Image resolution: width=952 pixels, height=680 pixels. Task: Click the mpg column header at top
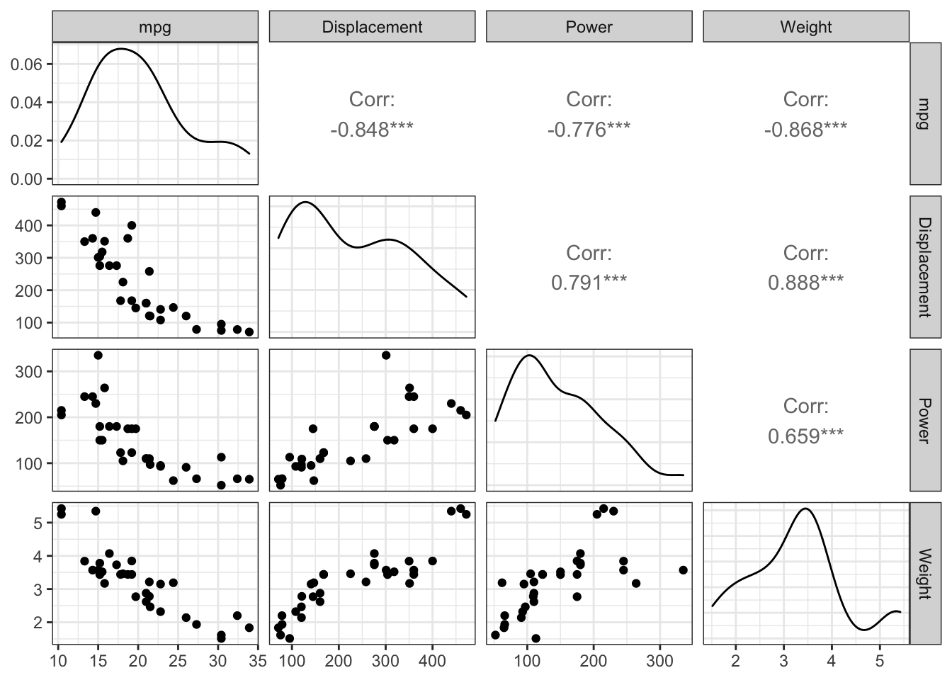[155, 27]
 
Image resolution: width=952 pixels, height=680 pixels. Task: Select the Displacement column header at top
[372, 27]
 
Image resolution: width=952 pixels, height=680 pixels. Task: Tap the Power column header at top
[589, 27]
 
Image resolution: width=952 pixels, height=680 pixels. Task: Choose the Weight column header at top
[805, 27]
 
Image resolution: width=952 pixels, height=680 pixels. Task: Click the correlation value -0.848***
[372, 130]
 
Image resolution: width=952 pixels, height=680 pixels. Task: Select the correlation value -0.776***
[589, 130]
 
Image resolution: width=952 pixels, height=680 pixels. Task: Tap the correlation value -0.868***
[805, 130]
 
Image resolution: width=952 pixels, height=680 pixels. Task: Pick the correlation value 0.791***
[589, 283]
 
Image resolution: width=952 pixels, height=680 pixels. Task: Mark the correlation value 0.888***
[805, 283]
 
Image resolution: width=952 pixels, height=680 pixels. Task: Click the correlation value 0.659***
[805, 436]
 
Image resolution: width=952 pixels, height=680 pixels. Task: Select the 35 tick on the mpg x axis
[259, 662]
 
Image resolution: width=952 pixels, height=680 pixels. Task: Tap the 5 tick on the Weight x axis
[879, 662]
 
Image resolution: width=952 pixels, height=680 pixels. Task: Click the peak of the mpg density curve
[122, 49]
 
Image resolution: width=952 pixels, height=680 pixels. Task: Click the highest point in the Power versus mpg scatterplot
[98, 355]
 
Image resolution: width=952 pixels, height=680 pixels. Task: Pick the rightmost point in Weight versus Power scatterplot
[683, 569]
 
